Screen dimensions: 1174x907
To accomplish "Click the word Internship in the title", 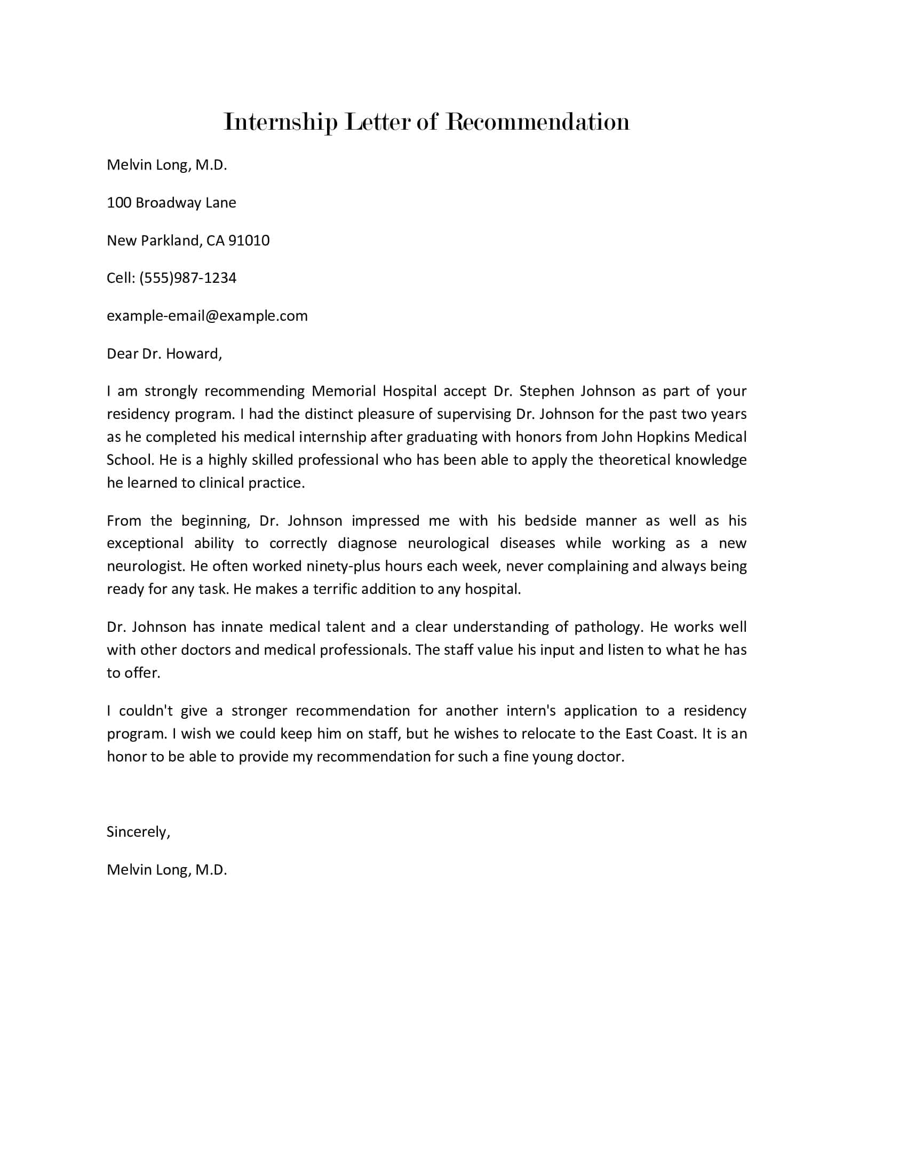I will point(280,123).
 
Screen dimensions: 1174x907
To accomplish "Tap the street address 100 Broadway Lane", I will point(171,203).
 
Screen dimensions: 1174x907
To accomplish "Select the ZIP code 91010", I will point(249,240).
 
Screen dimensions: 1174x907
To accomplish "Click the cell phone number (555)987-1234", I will point(187,278).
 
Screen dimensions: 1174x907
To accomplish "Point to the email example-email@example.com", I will point(207,315).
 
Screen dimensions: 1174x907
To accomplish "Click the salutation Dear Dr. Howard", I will point(164,353).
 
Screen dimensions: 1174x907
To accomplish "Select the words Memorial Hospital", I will point(374,391).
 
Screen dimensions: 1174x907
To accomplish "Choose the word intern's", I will point(531,711).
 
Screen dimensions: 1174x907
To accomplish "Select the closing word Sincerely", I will point(138,831).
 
